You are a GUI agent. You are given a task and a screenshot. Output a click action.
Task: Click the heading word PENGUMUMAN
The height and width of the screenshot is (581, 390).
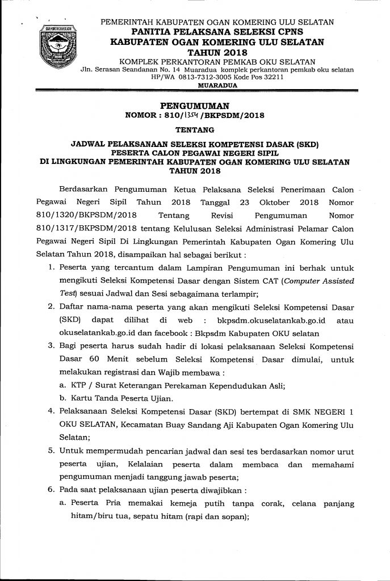tap(195, 106)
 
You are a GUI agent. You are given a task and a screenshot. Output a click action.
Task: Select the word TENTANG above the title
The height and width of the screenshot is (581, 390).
tap(195, 130)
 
